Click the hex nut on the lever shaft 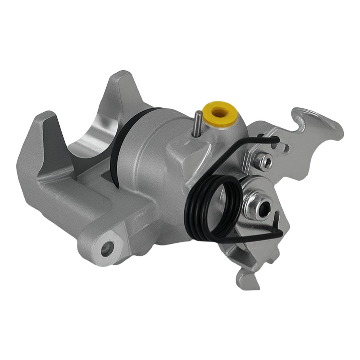(256, 207)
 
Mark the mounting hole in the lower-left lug (107, 248)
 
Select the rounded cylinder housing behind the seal (151, 151)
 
